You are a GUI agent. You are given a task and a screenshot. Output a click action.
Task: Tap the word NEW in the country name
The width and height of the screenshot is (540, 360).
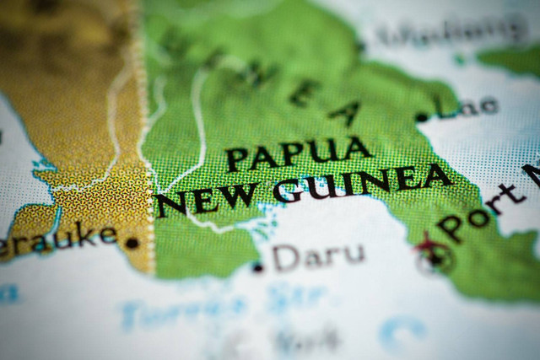pyautogui.click(x=208, y=198)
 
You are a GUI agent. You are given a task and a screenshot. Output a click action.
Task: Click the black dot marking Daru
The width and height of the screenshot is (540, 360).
pyautogui.click(x=258, y=268)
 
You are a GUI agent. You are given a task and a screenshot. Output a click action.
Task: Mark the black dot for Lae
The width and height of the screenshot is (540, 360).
pyautogui.click(x=422, y=117)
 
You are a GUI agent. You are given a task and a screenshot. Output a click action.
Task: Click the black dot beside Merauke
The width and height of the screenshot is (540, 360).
pyautogui.click(x=132, y=243)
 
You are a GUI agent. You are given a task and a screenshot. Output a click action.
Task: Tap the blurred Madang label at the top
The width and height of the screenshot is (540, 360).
pyautogui.click(x=439, y=34)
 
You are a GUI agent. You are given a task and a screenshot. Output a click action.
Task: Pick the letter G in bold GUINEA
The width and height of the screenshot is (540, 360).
pyautogui.click(x=289, y=190)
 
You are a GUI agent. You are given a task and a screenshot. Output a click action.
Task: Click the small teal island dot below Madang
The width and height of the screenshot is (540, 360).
pyautogui.click(x=459, y=60)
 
